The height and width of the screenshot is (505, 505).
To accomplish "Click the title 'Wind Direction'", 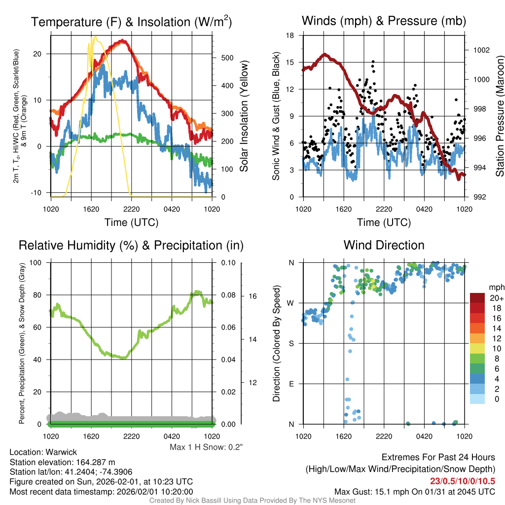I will click(384, 245).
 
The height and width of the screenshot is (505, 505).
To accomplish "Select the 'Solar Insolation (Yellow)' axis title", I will click(244, 116).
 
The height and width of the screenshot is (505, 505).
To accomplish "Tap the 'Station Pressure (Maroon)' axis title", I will click(499, 116).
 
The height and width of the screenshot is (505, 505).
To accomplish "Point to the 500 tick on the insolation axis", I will click(227, 58).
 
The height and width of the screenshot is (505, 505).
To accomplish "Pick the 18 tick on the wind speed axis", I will click(290, 36).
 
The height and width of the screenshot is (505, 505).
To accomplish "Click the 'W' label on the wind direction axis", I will click(291, 303).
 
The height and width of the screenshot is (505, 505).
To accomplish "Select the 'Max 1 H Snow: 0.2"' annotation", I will click(206, 447).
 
